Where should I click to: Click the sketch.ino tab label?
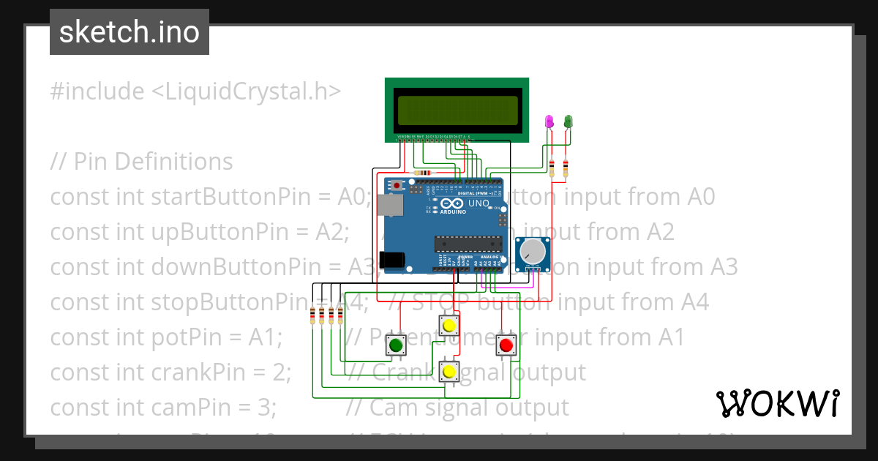pos(129,32)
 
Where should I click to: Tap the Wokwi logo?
pos(777,403)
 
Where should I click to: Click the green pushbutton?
pos(396,345)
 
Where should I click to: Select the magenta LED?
pos(549,121)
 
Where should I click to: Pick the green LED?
pos(568,121)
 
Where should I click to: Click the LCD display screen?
pos(459,110)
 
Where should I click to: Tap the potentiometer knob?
pos(533,252)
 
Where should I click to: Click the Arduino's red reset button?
pos(397,184)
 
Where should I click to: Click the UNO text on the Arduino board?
pos(478,203)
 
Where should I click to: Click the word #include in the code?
pos(97,91)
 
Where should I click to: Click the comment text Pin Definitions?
pos(153,161)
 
